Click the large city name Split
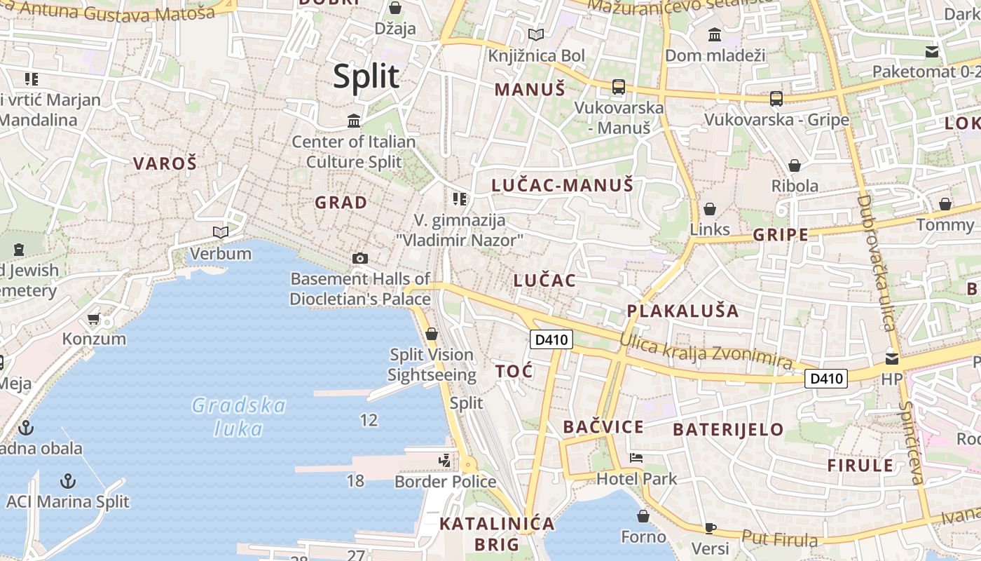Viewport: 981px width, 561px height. coord(366,76)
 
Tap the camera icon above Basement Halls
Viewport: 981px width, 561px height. coord(360,258)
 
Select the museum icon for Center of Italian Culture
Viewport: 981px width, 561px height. coord(354,121)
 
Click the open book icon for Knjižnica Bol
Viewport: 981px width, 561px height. coord(536,34)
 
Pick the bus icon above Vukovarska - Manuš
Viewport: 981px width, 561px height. coord(618,87)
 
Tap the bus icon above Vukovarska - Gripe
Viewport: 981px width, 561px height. coord(776,99)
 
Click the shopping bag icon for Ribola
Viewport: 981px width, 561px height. coord(795,165)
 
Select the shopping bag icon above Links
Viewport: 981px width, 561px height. coord(710,209)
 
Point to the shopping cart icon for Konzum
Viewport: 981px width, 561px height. coord(93,319)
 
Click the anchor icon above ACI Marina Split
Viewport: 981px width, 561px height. coord(68,481)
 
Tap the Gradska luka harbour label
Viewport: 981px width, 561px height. coord(239,417)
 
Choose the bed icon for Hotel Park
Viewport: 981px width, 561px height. coord(636,458)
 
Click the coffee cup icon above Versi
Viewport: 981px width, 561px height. coord(711,528)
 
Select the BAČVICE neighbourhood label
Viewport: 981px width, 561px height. coord(603,427)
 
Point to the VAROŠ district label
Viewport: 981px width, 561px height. coord(165,164)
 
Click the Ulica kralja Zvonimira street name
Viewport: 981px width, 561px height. coord(706,351)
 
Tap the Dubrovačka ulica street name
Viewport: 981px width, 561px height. coord(877,262)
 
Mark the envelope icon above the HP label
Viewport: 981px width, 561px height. coord(892,359)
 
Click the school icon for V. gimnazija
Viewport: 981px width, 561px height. coord(460,199)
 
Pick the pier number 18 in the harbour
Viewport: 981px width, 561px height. coord(355,480)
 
